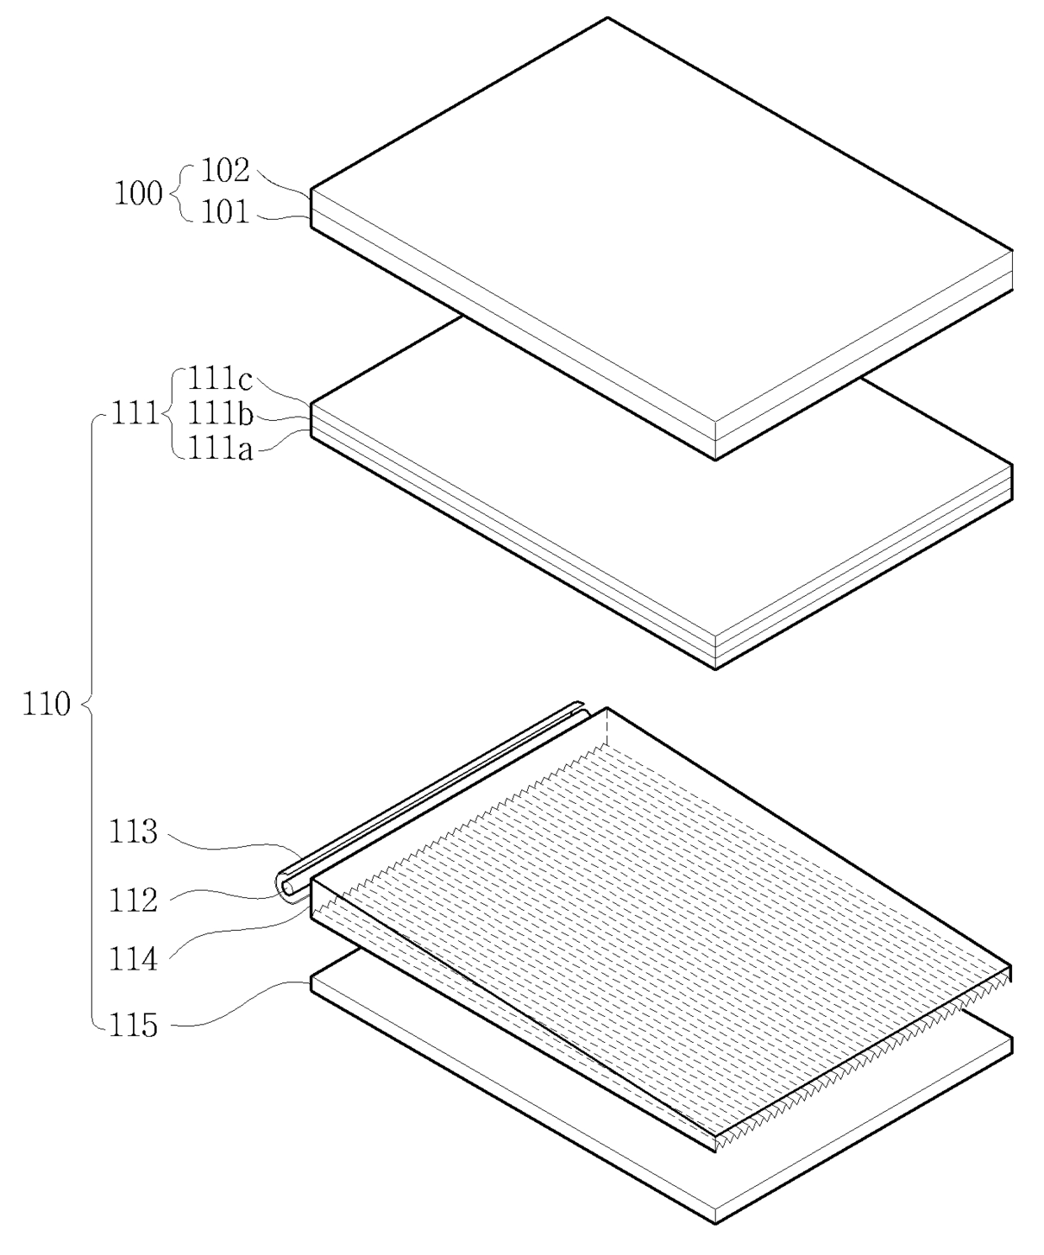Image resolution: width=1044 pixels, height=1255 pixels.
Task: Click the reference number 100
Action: click(138, 194)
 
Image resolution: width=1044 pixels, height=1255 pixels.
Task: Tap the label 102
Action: click(225, 170)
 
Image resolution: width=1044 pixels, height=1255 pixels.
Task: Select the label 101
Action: click(225, 212)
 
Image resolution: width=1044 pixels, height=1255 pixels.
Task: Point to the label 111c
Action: click(221, 380)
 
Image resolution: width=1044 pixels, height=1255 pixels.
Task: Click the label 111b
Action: click(221, 413)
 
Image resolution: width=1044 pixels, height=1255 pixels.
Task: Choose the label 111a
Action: click(221, 449)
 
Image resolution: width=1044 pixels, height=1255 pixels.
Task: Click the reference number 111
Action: click(134, 415)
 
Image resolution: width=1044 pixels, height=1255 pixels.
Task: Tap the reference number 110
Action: click(46, 704)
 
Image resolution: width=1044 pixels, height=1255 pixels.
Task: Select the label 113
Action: click(133, 832)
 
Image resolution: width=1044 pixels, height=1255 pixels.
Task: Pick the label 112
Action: click(133, 901)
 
